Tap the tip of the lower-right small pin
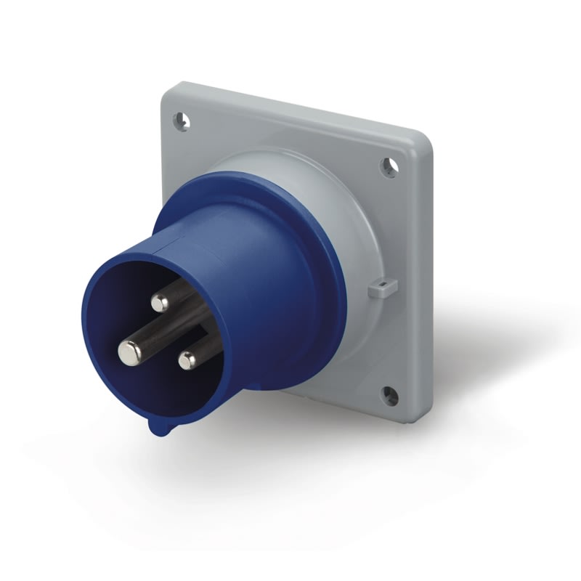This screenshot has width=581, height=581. tap(188, 359)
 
